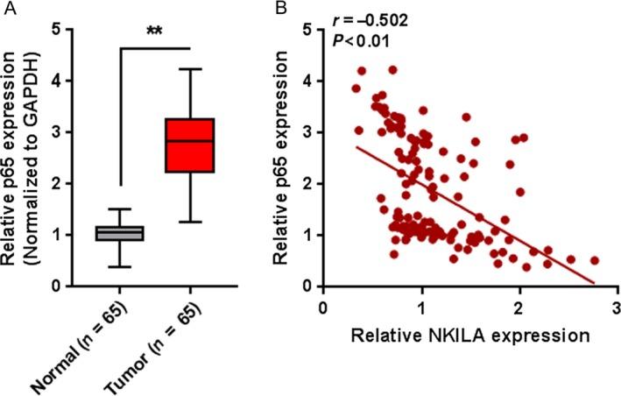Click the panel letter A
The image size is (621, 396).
pyautogui.click(x=8, y=9)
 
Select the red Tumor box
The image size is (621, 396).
pyautogui.click(x=190, y=145)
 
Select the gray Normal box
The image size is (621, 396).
pyautogui.click(x=118, y=233)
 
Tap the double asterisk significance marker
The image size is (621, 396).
pyautogui.click(x=154, y=32)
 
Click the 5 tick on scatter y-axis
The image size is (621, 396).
pyautogui.click(x=307, y=30)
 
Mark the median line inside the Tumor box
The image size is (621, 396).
pyautogui.click(x=190, y=141)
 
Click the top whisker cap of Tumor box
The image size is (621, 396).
pyautogui.click(x=190, y=68)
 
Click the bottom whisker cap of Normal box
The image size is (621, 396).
pyautogui.click(x=118, y=266)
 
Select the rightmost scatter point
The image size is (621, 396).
pyautogui.click(x=594, y=260)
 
